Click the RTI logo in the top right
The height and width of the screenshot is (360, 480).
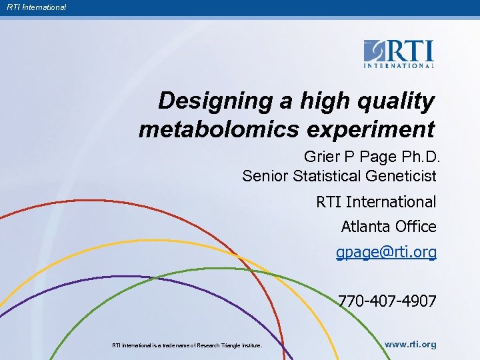399,54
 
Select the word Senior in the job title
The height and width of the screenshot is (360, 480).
262,176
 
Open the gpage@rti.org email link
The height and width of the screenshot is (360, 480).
386,253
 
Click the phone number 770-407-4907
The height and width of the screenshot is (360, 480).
387,301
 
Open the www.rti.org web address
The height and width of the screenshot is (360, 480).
410,345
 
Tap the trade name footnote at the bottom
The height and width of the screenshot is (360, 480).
187,345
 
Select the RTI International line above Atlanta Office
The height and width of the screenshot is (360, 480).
376,201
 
